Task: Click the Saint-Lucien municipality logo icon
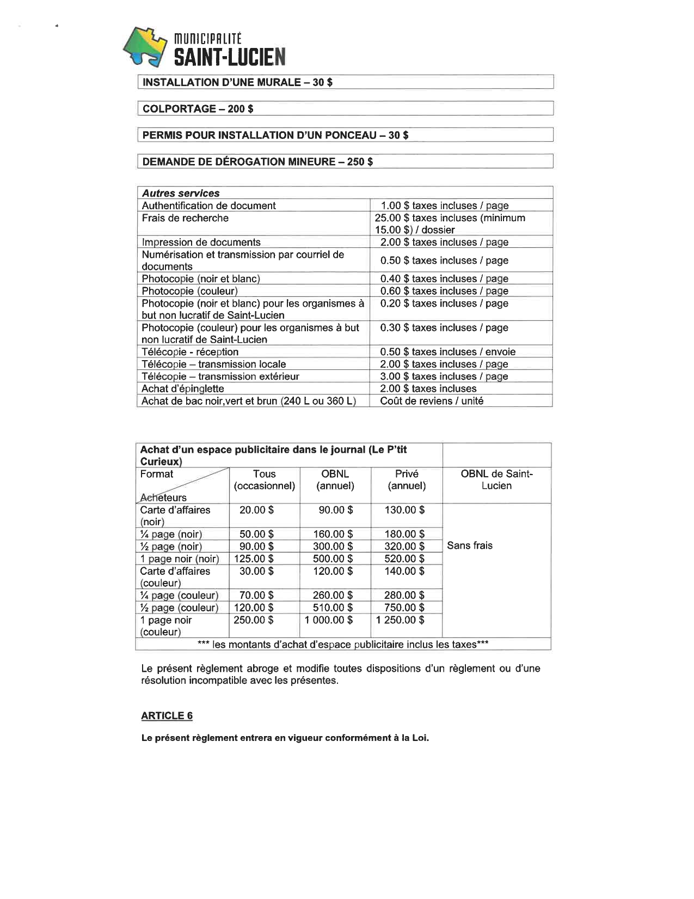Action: [x=145, y=47]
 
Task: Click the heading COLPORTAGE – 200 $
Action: [x=198, y=108]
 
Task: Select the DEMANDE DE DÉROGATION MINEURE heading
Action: [x=257, y=161]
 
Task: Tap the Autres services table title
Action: [x=181, y=193]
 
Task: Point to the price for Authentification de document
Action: [x=444, y=205]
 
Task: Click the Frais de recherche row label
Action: [x=185, y=218]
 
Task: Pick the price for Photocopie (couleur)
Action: [x=444, y=291]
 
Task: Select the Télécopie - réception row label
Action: [x=190, y=352]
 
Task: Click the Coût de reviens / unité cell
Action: [x=432, y=401]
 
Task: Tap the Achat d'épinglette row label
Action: [x=182, y=388]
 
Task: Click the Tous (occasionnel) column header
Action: [x=264, y=480]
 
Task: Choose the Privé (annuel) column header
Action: [x=407, y=480]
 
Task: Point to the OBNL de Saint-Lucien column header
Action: [x=496, y=480]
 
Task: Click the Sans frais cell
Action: [x=470, y=545]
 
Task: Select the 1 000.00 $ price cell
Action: [x=328, y=620]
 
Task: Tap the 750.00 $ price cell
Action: [x=404, y=608]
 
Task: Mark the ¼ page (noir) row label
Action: [x=171, y=534]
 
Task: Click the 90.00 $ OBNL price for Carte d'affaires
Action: [x=335, y=510]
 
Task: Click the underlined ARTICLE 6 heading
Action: [x=167, y=716]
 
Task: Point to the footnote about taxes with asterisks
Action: [x=343, y=645]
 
